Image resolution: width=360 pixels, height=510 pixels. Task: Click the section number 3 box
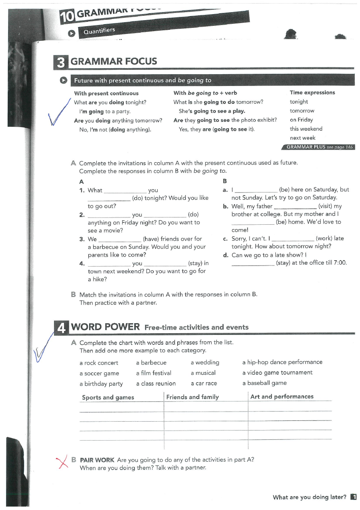61,62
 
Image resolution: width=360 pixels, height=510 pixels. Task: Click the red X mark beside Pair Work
62,462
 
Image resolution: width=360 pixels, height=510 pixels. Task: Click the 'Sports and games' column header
108,397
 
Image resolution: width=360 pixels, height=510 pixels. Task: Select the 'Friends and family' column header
192,397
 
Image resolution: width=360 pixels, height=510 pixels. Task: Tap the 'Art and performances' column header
282,397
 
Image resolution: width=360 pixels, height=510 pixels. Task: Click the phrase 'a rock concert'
99,363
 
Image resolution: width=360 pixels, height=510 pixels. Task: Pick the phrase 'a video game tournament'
277,373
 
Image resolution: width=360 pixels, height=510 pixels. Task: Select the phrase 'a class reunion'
156,384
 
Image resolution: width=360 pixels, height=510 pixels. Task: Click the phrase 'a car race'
204,384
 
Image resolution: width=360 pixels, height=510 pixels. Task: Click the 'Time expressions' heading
312,93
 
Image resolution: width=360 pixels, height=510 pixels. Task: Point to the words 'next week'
302,138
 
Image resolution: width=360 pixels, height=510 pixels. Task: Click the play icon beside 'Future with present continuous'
64,80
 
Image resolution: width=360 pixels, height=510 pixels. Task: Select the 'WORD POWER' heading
106,327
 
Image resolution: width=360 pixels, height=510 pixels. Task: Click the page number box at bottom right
354,497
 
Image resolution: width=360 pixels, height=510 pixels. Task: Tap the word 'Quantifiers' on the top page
99,31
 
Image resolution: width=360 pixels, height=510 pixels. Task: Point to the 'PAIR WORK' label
97,460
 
